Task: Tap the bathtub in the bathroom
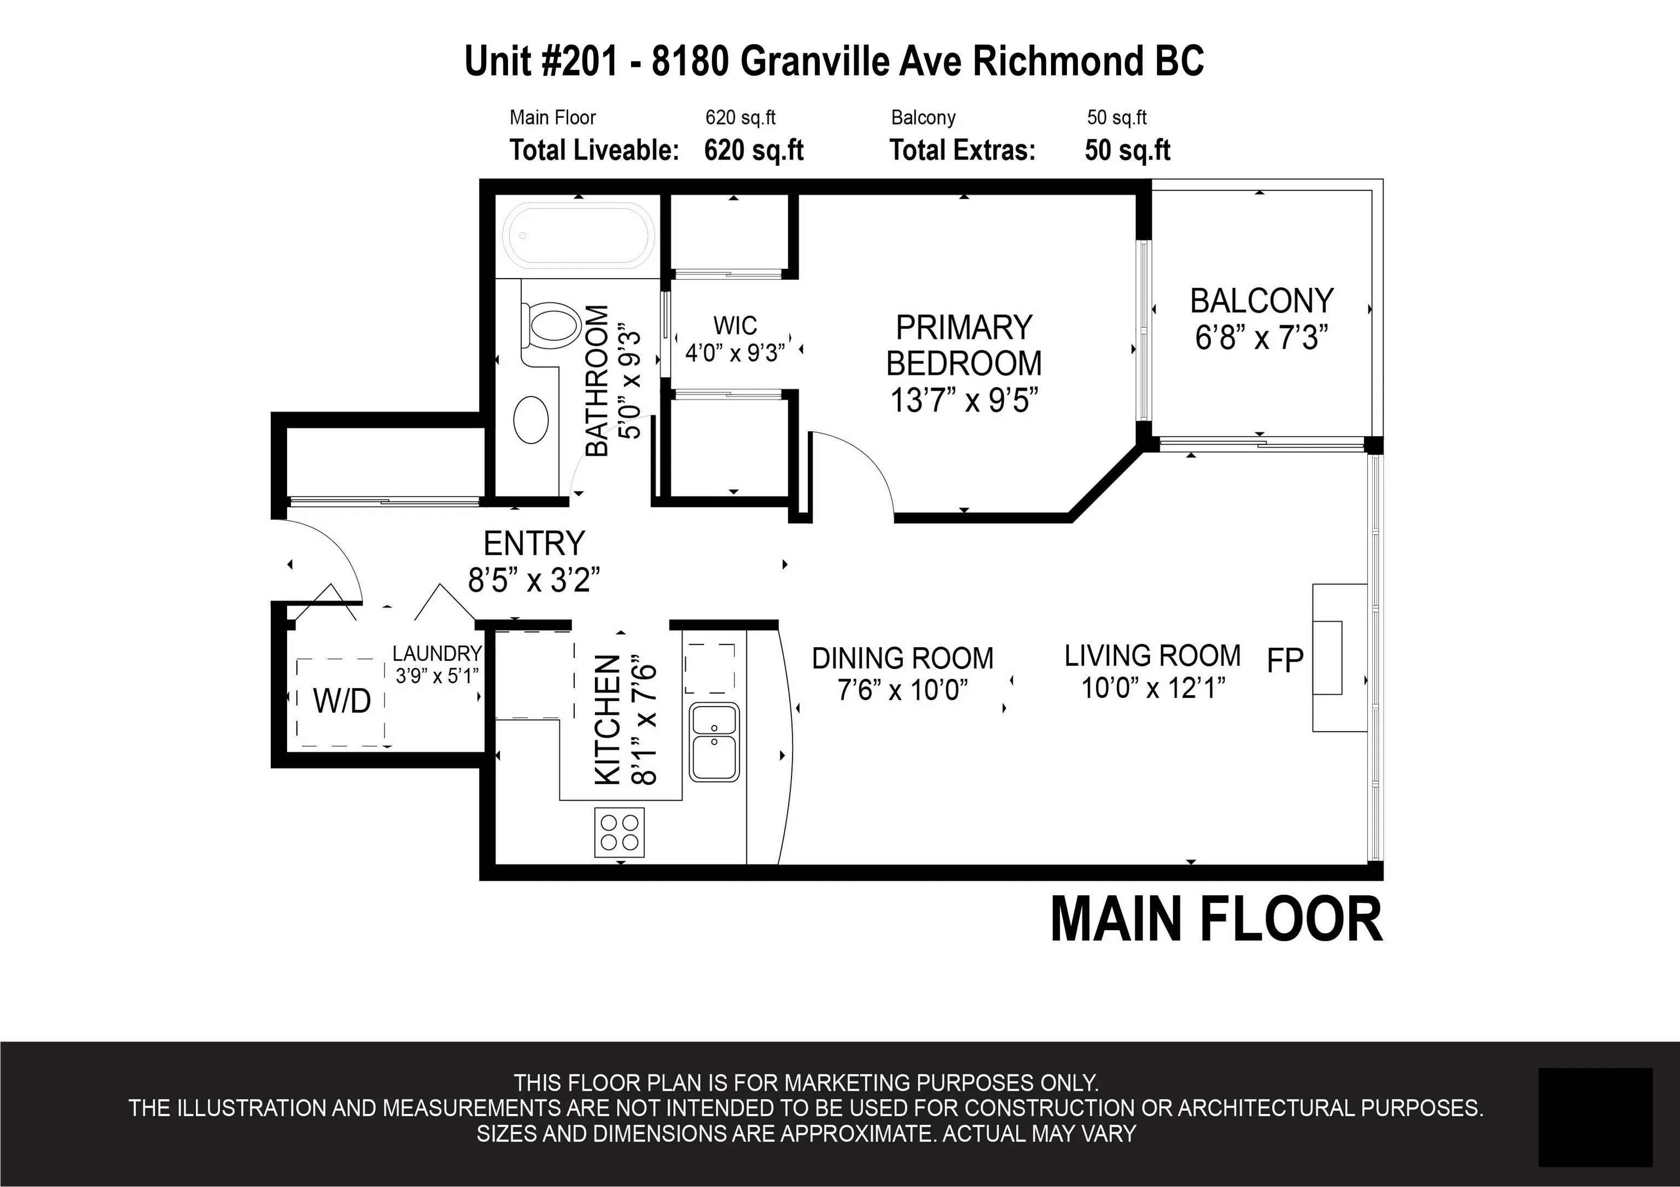tap(578, 236)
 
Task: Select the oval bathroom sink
tap(531, 420)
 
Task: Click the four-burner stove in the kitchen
tap(619, 832)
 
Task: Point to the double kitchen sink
tap(714, 741)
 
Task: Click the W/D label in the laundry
tap(342, 701)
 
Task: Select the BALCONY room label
tap(1262, 301)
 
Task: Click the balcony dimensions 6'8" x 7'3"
tap(1262, 338)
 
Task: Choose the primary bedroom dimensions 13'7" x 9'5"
tap(964, 400)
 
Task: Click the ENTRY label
tap(534, 543)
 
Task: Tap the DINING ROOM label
tap(902, 658)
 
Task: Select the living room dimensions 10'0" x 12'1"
tap(1153, 687)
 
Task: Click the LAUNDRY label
tap(437, 653)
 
